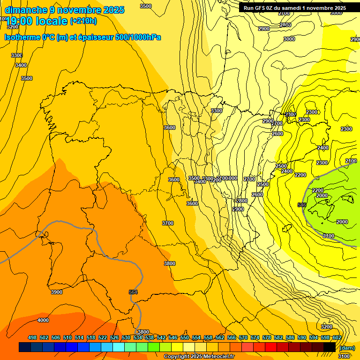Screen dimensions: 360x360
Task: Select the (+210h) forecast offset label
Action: point(83,21)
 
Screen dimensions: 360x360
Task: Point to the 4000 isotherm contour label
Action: point(43,320)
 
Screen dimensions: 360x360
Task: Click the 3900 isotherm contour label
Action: point(56,292)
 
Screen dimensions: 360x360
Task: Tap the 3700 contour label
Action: point(168,223)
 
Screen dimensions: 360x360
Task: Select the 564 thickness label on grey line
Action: point(133,292)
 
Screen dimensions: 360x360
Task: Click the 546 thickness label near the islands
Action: point(302,205)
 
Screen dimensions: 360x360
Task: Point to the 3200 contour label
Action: point(327,327)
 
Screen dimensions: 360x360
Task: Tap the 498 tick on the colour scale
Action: point(32,337)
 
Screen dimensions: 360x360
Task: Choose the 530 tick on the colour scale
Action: point(126,337)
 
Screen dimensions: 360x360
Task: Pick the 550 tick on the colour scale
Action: point(185,337)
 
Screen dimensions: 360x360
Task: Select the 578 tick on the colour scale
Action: point(266,337)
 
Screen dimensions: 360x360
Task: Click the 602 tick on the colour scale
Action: point(337,337)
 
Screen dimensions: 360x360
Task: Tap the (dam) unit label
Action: point(347,347)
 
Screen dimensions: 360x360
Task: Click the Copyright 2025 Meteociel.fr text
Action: point(199,357)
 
